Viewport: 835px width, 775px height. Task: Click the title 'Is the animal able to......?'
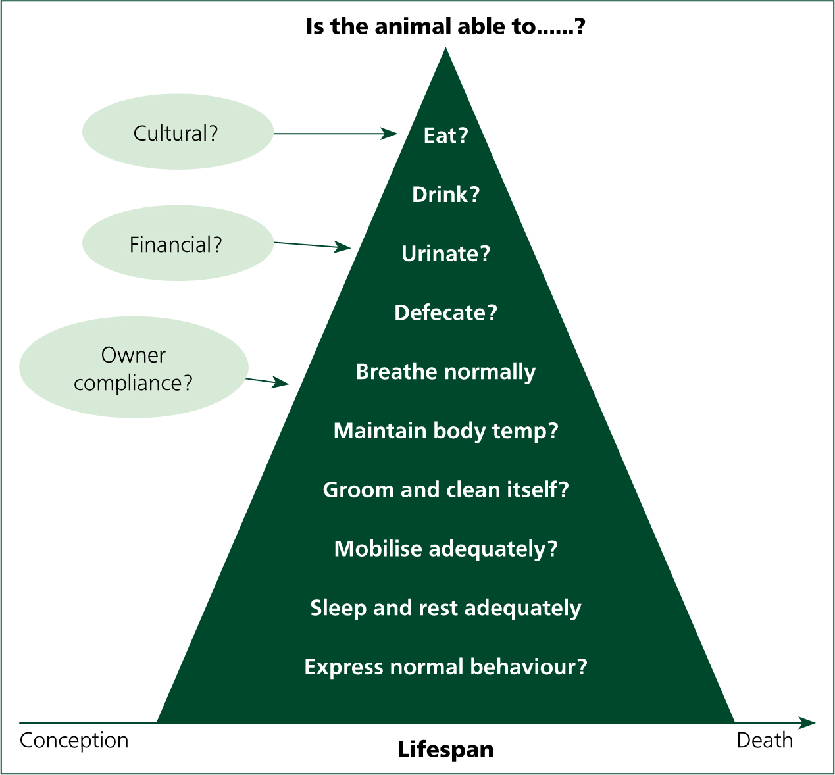point(445,26)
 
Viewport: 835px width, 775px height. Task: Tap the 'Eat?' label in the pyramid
point(445,136)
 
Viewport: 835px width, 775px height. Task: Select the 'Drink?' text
point(445,194)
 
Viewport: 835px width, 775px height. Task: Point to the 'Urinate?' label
point(445,253)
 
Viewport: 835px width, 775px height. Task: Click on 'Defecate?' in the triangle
point(445,312)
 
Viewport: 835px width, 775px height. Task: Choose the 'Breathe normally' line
point(445,372)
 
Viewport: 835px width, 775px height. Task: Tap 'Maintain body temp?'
point(445,431)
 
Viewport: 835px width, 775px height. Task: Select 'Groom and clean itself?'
point(445,490)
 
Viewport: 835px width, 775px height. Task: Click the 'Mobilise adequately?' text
point(445,549)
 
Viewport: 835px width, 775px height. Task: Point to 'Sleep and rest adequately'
point(445,609)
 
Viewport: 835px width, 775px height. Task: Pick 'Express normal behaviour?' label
point(445,667)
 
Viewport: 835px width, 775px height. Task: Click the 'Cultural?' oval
point(178,132)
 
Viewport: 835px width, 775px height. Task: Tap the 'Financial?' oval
point(178,243)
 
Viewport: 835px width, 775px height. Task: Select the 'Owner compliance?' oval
point(134,368)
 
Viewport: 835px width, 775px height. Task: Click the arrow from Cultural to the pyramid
point(336,134)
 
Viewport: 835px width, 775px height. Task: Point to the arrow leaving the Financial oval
point(313,245)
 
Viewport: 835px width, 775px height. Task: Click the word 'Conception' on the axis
point(74,741)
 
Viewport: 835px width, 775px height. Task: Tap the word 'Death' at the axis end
point(765,741)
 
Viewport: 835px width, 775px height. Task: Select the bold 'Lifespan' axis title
point(445,750)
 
